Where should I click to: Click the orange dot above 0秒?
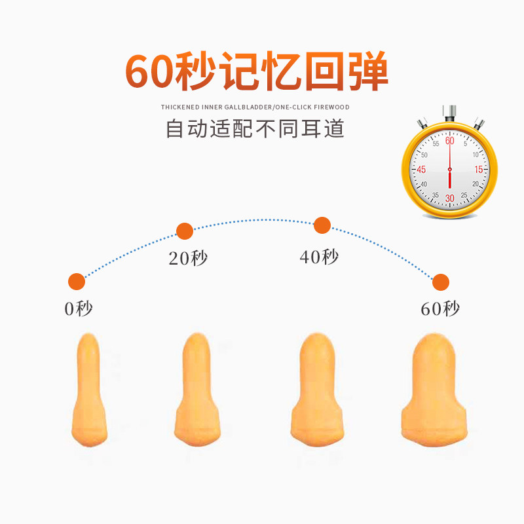click(77, 282)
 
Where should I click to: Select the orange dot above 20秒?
click(185, 231)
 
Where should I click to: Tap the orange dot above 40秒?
click(322, 225)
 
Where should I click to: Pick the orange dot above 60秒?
click(441, 282)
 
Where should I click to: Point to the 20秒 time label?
click(188, 258)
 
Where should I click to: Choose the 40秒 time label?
click(319, 257)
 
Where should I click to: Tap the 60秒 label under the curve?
click(440, 309)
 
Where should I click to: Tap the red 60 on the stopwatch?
click(449, 141)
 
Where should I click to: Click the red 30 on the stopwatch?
click(449, 198)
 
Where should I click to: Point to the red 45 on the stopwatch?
click(421, 170)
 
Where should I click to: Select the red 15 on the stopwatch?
click(478, 170)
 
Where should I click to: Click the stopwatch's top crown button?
click(450, 109)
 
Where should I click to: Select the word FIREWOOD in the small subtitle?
click(331, 107)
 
